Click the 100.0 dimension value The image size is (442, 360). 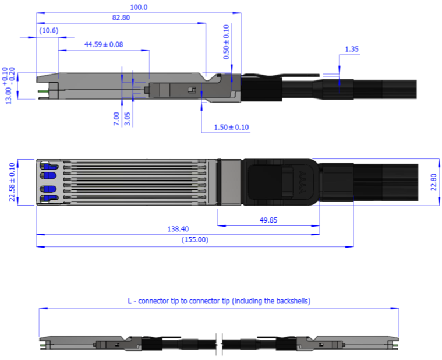tap(139, 7)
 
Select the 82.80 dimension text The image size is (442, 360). tap(121, 18)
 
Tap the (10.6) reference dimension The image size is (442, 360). tap(48, 30)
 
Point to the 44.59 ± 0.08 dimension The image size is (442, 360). tap(104, 44)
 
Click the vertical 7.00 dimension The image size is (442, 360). tap(116, 119)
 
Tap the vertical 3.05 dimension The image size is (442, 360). tap(128, 119)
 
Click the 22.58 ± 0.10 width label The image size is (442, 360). tap(13, 182)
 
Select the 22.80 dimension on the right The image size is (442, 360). tap(432, 182)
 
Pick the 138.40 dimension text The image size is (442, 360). tap(178, 230)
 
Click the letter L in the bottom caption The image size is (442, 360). tap(130, 301)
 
